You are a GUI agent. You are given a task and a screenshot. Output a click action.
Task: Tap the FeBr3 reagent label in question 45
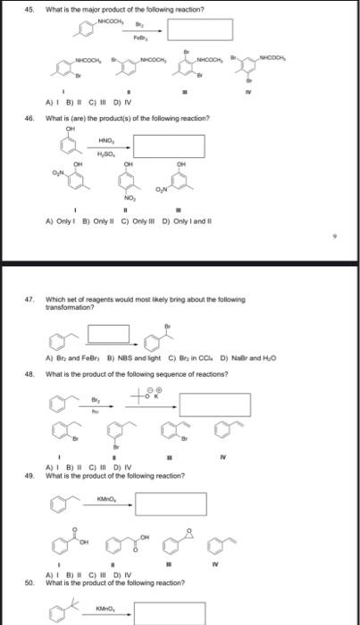click(x=140, y=38)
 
